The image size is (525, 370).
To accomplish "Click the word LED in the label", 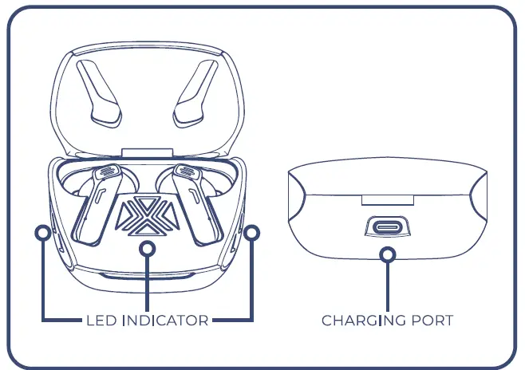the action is click(101, 321).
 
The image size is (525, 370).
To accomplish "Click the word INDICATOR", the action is click(165, 321).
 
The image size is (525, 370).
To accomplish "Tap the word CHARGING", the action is click(364, 321).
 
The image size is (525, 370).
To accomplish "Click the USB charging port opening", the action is click(388, 228).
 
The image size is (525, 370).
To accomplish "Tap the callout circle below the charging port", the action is click(388, 255).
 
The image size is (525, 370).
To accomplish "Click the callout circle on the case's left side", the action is click(43, 233).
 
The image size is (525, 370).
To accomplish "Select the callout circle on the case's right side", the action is click(252, 233).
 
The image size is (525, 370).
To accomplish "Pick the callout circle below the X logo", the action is click(147, 249).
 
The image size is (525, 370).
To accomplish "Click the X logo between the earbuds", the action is click(147, 215).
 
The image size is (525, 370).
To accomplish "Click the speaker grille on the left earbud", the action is click(107, 171).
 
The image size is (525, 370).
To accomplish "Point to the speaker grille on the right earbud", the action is click(187, 171).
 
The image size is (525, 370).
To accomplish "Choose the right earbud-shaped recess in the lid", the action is click(195, 93).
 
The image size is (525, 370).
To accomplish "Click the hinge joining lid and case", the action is click(148, 153).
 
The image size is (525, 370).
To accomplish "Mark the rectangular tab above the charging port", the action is click(388, 200).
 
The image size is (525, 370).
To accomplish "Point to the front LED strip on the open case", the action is click(148, 277).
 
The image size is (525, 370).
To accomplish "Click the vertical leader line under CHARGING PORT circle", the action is click(388, 287).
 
